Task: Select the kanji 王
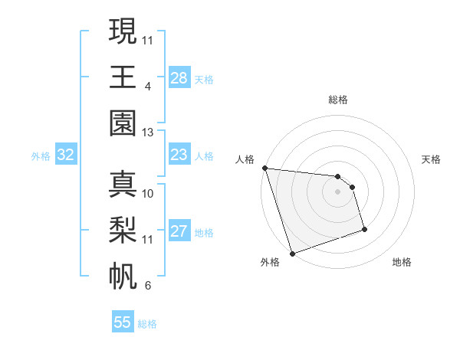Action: pyautogui.click(x=123, y=77)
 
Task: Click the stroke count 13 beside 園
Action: pyautogui.click(x=148, y=133)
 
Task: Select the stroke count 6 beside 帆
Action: pyautogui.click(x=147, y=286)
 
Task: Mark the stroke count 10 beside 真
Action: pyautogui.click(x=148, y=193)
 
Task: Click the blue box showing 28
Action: pyautogui.click(x=179, y=78)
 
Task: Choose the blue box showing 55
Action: pyautogui.click(x=123, y=322)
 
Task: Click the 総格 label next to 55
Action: pyautogui.click(x=148, y=324)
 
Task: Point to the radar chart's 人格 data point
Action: pyautogui.click(x=264, y=168)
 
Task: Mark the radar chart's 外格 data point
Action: pyautogui.click(x=293, y=254)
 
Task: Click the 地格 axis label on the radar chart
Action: pyautogui.click(x=402, y=262)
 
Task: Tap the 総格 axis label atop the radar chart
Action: pyautogui.click(x=338, y=100)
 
